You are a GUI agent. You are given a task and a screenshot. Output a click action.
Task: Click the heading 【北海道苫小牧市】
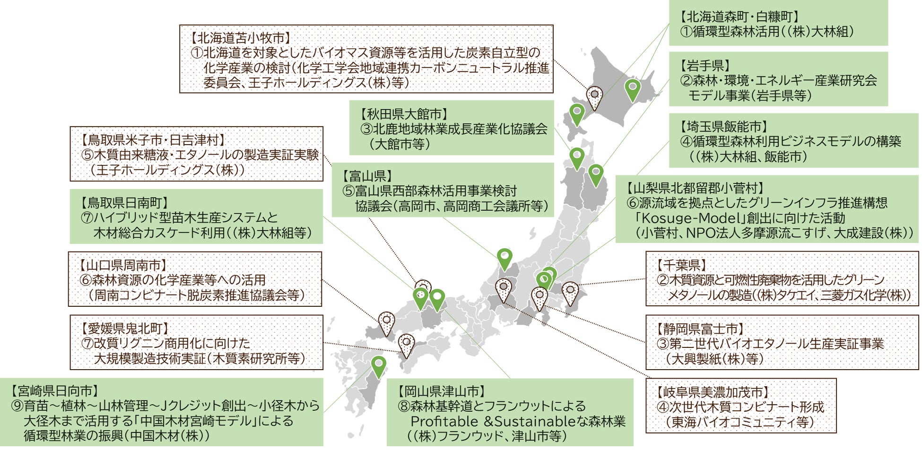pyautogui.click(x=240, y=38)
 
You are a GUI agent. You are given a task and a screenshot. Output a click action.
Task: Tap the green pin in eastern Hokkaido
pyautogui.click(x=632, y=88)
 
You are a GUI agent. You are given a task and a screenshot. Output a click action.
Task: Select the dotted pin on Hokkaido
pyautogui.click(x=594, y=96)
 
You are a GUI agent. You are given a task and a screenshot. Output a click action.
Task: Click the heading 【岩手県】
pyautogui.click(x=705, y=66)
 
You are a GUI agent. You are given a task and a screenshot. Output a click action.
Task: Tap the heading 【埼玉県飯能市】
pyautogui.click(x=724, y=127)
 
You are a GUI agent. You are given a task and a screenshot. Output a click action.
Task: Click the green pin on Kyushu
pyautogui.click(x=378, y=365)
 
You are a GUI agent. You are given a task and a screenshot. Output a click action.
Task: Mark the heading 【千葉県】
pyautogui.click(x=681, y=265)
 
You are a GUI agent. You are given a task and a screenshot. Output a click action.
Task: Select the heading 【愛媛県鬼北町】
pyautogui.click(x=124, y=329)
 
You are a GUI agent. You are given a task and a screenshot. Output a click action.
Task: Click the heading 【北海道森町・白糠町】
pyautogui.click(x=739, y=17)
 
